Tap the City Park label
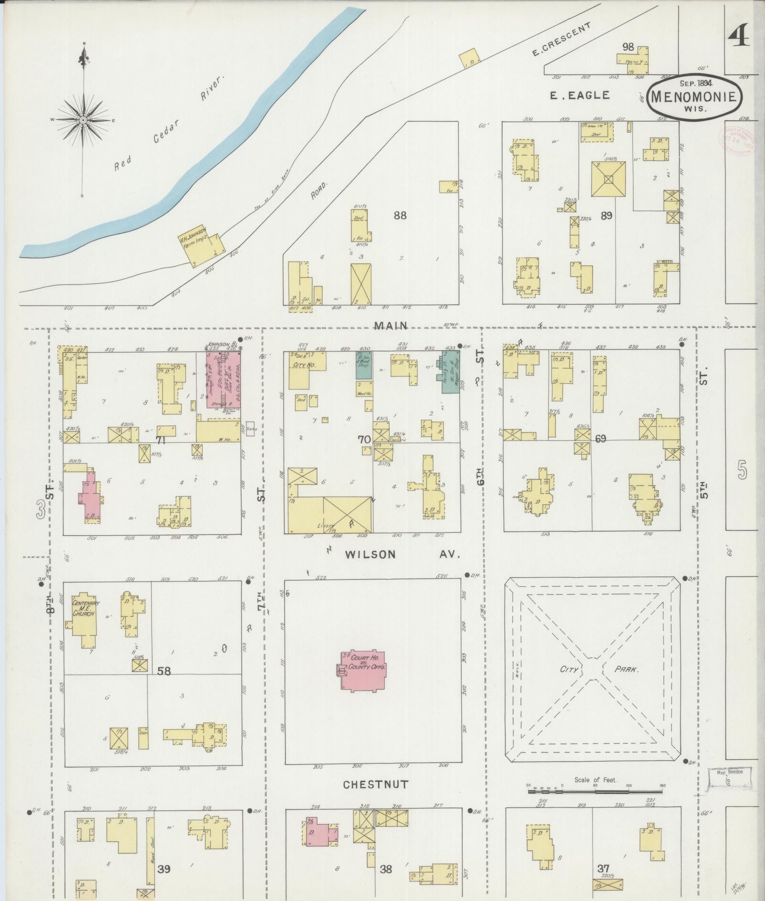click(x=599, y=669)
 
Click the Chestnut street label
click(x=376, y=784)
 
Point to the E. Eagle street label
click(x=580, y=95)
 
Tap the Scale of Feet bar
click(x=595, y=792)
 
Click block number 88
click(x=400, y=215)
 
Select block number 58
click(x=164, y=671)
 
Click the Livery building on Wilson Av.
click(x=329, y=515)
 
